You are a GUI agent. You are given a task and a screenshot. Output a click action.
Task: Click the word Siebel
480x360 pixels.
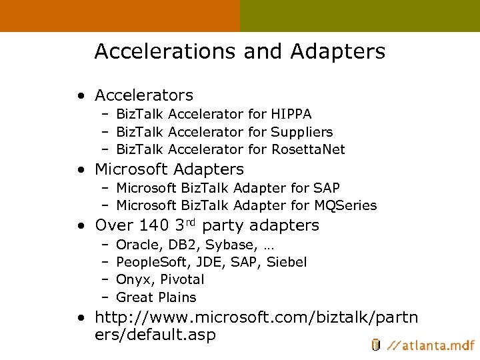pos(287,262)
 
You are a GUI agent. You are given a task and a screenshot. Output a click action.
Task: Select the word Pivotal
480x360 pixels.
pos(182,279)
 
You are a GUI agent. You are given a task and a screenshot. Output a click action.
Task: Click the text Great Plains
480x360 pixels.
pos(156,297)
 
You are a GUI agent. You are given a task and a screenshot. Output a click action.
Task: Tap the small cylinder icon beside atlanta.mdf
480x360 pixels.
pos(376,345)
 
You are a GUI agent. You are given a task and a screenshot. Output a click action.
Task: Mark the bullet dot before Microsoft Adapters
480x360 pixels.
pos(80,170)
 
